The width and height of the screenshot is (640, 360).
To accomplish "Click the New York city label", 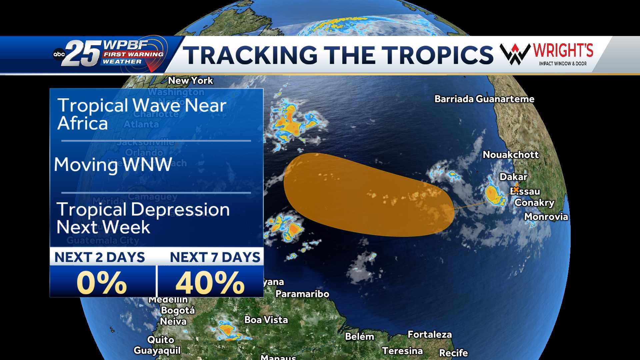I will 190,81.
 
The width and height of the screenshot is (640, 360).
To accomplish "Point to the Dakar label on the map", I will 513,177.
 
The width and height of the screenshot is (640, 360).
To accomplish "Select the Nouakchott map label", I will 511,155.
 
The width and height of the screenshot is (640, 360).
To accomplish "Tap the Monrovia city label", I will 546,217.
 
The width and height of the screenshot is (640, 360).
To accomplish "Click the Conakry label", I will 534,203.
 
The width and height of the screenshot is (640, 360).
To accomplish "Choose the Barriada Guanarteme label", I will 484,99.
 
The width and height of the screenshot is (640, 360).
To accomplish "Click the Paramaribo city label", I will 302,294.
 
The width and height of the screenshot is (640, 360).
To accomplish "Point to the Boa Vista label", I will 266,320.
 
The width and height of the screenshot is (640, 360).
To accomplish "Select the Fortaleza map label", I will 430,335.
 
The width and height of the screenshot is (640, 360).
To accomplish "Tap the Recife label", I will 453,353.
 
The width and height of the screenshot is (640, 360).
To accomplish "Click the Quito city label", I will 161,340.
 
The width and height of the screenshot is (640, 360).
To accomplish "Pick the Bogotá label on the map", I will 178,310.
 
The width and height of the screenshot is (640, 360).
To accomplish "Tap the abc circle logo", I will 59,54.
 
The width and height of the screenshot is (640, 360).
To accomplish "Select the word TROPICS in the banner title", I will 437,55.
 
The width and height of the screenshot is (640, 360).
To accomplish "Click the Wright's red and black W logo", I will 515,54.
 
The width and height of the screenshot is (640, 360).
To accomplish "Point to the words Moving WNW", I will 113,165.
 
